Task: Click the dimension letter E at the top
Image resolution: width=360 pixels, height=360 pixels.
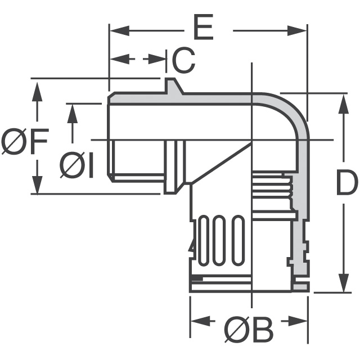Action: tap(204, 29)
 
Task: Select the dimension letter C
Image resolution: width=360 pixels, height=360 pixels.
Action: tap(183, 60)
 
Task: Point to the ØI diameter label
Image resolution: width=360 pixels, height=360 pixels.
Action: tap(78, 166)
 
